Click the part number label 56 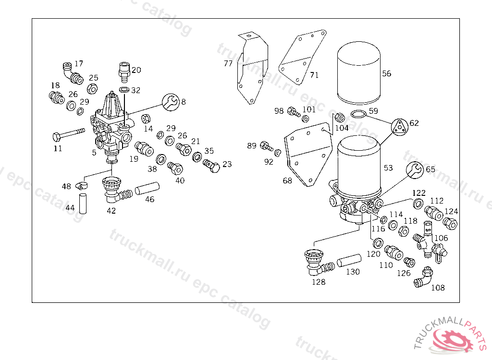[386, 73]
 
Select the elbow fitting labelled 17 [73, 73]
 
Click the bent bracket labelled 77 [252, 67]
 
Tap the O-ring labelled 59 [358, 114]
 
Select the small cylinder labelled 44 [83, 204]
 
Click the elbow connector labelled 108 [423, 277]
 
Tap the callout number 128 [319, 282]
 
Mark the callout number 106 [441, 238]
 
